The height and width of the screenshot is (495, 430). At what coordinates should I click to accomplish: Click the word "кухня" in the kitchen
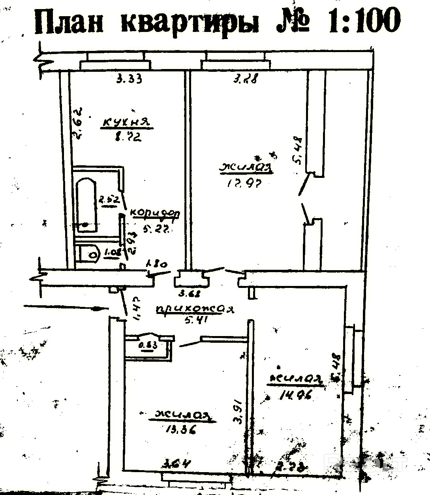point(127,123)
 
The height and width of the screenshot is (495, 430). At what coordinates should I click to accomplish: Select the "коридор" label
point(155,213)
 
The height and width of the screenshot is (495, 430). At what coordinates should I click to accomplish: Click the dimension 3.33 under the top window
point(129,79)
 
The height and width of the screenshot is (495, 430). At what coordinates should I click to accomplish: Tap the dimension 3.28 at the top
point(245,79)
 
